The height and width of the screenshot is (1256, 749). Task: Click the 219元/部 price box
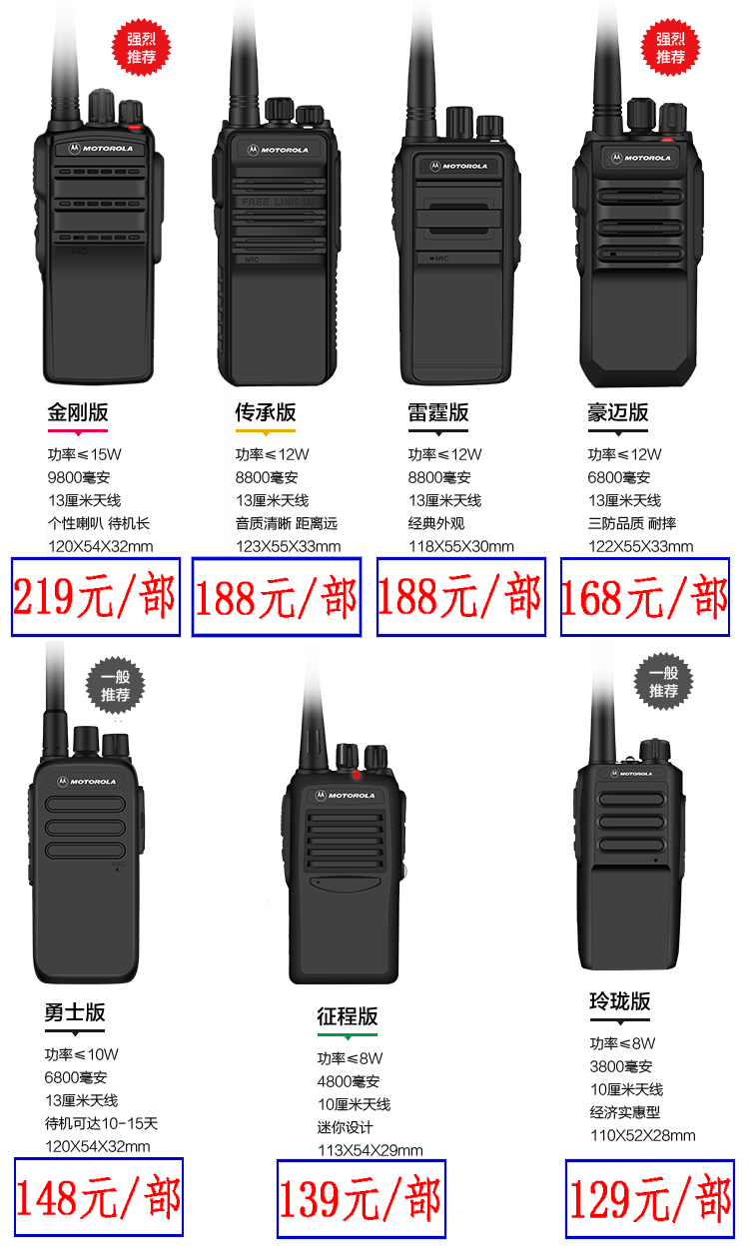pos(96,597)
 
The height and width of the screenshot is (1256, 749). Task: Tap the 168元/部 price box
pos(645,597)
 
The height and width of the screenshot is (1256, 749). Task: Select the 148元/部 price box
pos(99,1197)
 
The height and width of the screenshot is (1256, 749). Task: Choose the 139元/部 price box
pos(362,1199)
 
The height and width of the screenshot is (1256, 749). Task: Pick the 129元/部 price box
pos(650,1199)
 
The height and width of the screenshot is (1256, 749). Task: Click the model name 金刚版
pos(78,412)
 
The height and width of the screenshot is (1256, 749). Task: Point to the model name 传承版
pos(266,412)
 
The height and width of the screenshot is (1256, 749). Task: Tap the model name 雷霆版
pos(438,412)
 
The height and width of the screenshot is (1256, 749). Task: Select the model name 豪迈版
pos(618,412)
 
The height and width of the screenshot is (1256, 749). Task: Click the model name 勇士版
pos(75,1012)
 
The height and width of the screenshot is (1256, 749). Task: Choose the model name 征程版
pos(348,1016)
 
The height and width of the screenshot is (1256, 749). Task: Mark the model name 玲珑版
pos(620,1000)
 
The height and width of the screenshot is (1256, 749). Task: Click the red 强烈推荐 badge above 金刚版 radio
pos(141,48)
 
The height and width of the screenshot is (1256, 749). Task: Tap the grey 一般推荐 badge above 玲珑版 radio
pos(664,682)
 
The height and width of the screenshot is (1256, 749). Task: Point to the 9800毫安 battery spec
pos(79,477)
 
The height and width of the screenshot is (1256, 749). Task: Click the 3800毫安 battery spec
pos(621,1066)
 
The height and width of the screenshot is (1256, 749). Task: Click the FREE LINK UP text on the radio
pos(280,202)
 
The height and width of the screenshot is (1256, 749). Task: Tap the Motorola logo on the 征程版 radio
pos(346,796)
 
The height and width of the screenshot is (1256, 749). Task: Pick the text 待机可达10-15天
pos(102,1123)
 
